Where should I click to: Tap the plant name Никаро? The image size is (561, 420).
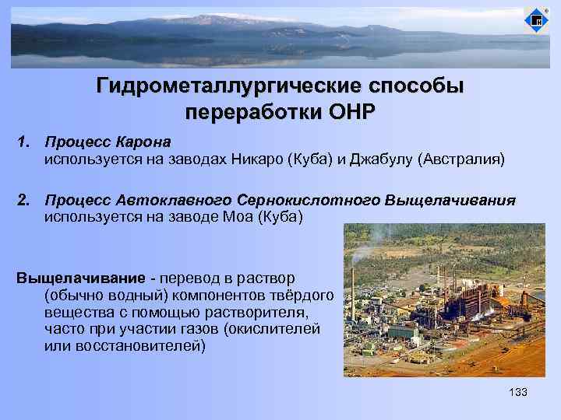258,160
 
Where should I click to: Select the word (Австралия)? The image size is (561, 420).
461,160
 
